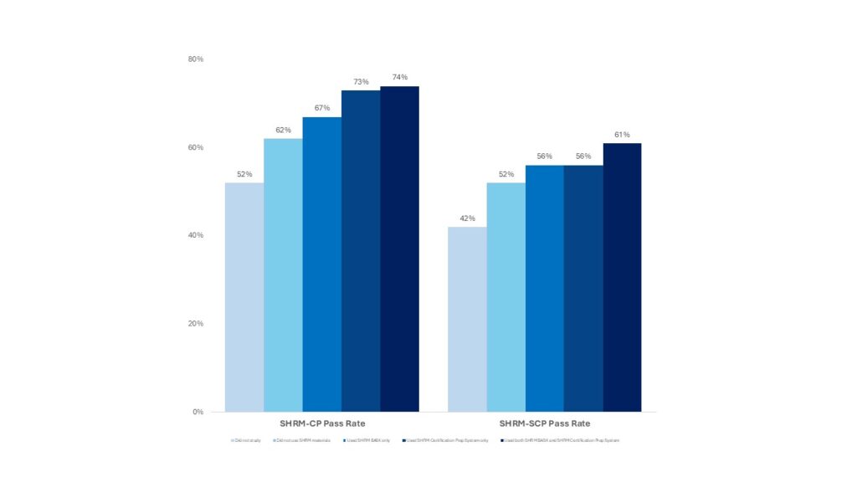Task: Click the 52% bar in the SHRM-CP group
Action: point(244,297)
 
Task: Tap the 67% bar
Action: point(321,264)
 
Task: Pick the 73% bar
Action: point(361,250)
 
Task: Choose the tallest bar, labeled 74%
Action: point(399,249)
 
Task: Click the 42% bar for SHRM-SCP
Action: point(467,319)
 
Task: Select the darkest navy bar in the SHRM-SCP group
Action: point(622,277)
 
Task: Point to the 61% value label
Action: point(622,135)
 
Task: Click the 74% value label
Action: point(399,78)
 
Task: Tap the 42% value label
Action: point(467,218)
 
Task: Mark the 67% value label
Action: point(321,108)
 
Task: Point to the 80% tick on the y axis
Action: point(196,59)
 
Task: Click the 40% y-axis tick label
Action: point(196,235)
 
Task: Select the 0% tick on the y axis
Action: point(198,412)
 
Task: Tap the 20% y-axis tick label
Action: point(196,324)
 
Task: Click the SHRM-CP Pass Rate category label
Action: point(321,423)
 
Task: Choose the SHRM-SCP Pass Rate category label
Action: point(544,423)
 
